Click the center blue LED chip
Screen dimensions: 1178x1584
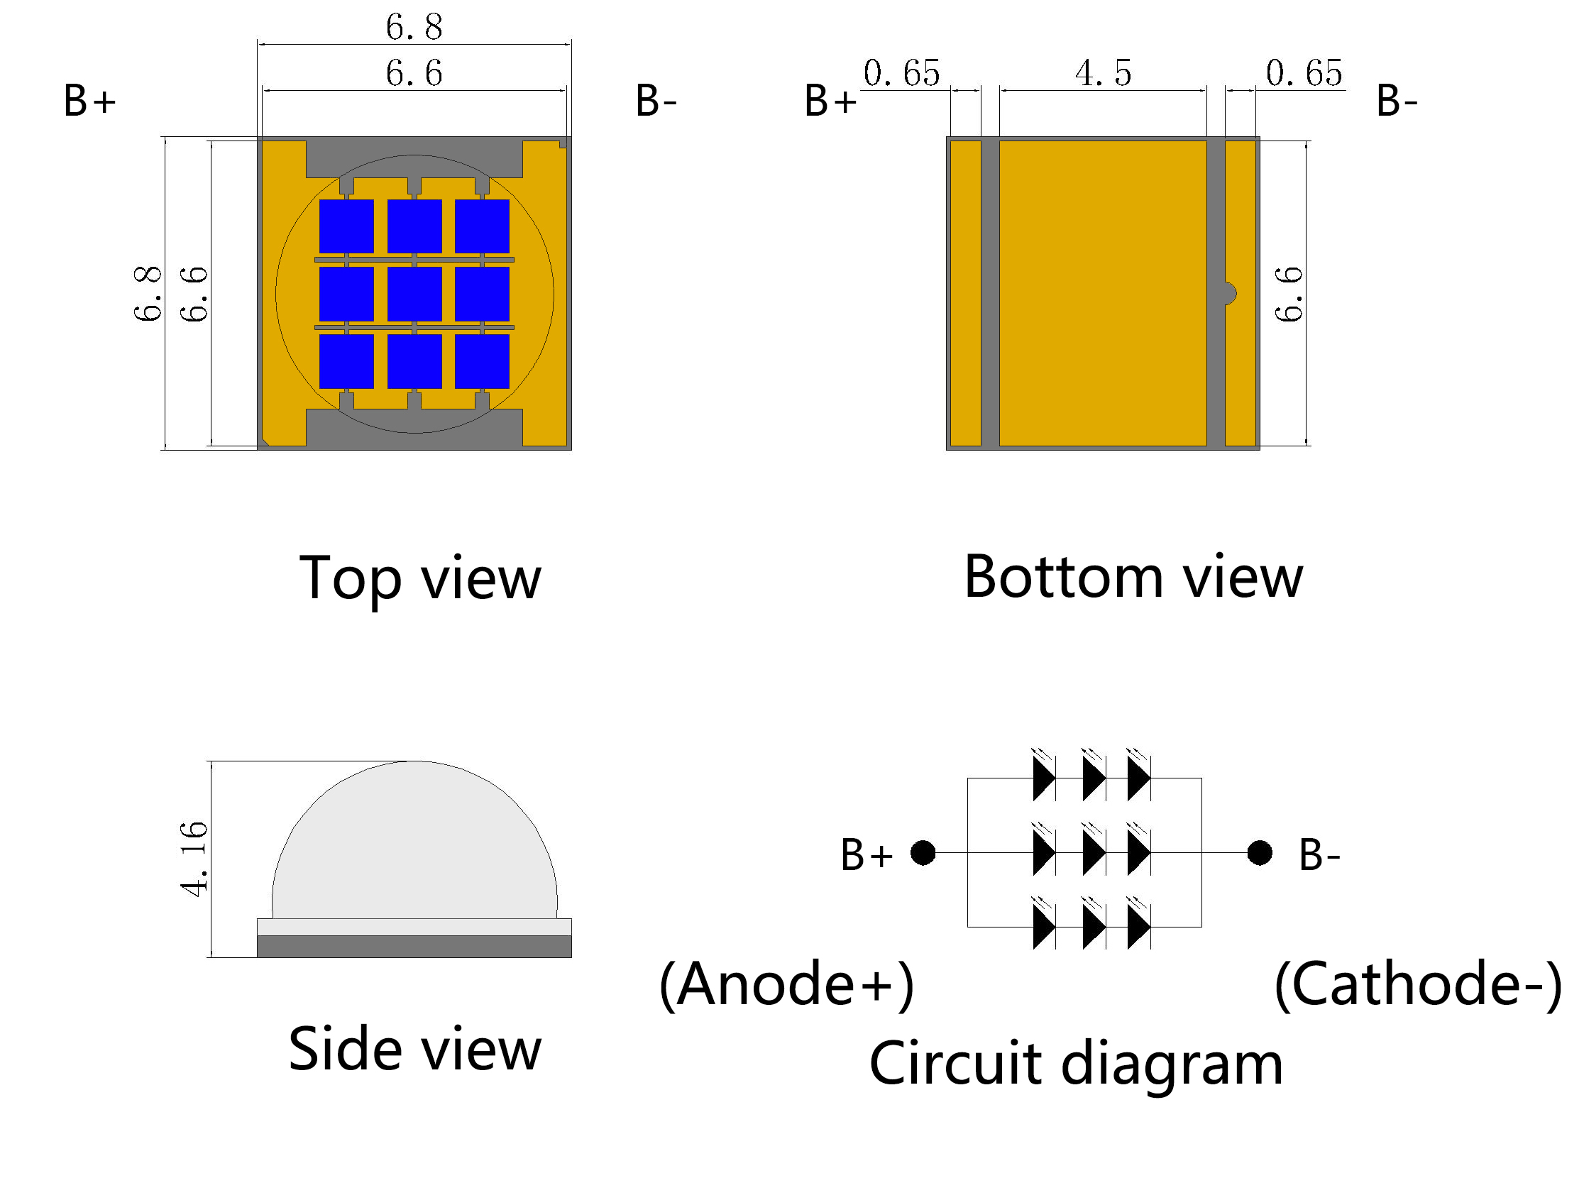(x=414, y=294)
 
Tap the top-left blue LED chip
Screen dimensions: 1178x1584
(x=346, y=226)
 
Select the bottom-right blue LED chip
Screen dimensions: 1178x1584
(x=482, y=361)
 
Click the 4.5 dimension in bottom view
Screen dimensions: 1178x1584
(x=1103, y=72)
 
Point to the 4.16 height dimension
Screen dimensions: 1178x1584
(x=193, y=859)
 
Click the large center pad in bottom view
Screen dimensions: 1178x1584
(x=1103, y=293)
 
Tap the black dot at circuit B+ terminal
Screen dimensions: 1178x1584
(x=923, y=852)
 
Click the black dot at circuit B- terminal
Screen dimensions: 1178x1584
(x=1260, y=852)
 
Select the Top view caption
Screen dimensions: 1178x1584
(x=420, y=579)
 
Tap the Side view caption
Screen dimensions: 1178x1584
(x=414, y=1050)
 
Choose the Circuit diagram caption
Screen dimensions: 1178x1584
(x=1076, y=1064)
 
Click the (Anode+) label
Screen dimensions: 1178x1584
(x=786, y=984)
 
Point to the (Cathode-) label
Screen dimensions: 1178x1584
(x=1418, y=984)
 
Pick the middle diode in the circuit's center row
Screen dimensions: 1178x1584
(x=1093, y=852)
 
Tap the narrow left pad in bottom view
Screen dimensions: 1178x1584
(x=966, y=293)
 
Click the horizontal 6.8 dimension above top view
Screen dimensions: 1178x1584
(x=414, y=27)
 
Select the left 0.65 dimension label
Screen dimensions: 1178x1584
(x=901, y=72)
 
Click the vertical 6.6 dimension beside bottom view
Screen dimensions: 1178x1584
(x=1289, y=294)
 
